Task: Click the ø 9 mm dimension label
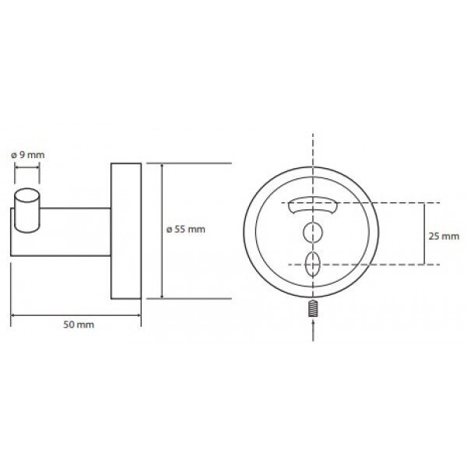point(28,155)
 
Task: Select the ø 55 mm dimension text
point(185,229)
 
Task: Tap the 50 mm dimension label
point(79,325)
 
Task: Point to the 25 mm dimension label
point(444,236)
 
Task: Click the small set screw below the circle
point(312,308)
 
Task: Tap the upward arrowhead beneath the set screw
point(312,321)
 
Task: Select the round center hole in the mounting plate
point(312,232)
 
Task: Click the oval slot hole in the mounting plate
point(312,265)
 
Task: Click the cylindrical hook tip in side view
point(27,210)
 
